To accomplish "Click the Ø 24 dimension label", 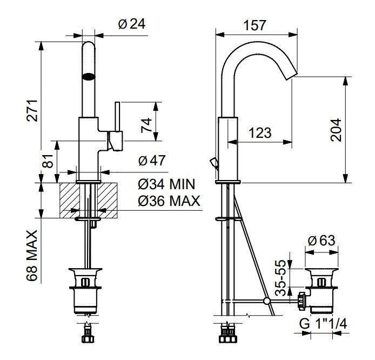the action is tap(132, 24).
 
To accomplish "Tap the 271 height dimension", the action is tap(32, 111).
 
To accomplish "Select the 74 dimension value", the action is tap(146, 125).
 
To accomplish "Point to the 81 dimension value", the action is tap(48, 161).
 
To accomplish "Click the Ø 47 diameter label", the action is tap(152, 161).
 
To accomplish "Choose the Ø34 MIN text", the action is tap(166, 184).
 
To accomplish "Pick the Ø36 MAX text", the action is tap(169, 201).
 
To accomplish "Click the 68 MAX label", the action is tap(32, 256).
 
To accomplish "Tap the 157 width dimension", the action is tap(255, 25).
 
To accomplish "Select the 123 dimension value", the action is tap(260, 133).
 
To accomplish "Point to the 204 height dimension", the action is tap(336, 130).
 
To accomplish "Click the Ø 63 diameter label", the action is tap(322, 241).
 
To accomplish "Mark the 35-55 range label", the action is tap(280, 278).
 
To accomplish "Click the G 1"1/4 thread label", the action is tap(323, 324).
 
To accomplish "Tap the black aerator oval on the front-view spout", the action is tap(89, 77).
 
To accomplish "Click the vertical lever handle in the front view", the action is tap(117, 117).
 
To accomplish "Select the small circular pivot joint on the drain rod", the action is tap(267, 301).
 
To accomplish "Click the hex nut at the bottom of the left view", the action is tap(88, 339).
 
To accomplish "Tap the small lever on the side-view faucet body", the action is tap(213, 163).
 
